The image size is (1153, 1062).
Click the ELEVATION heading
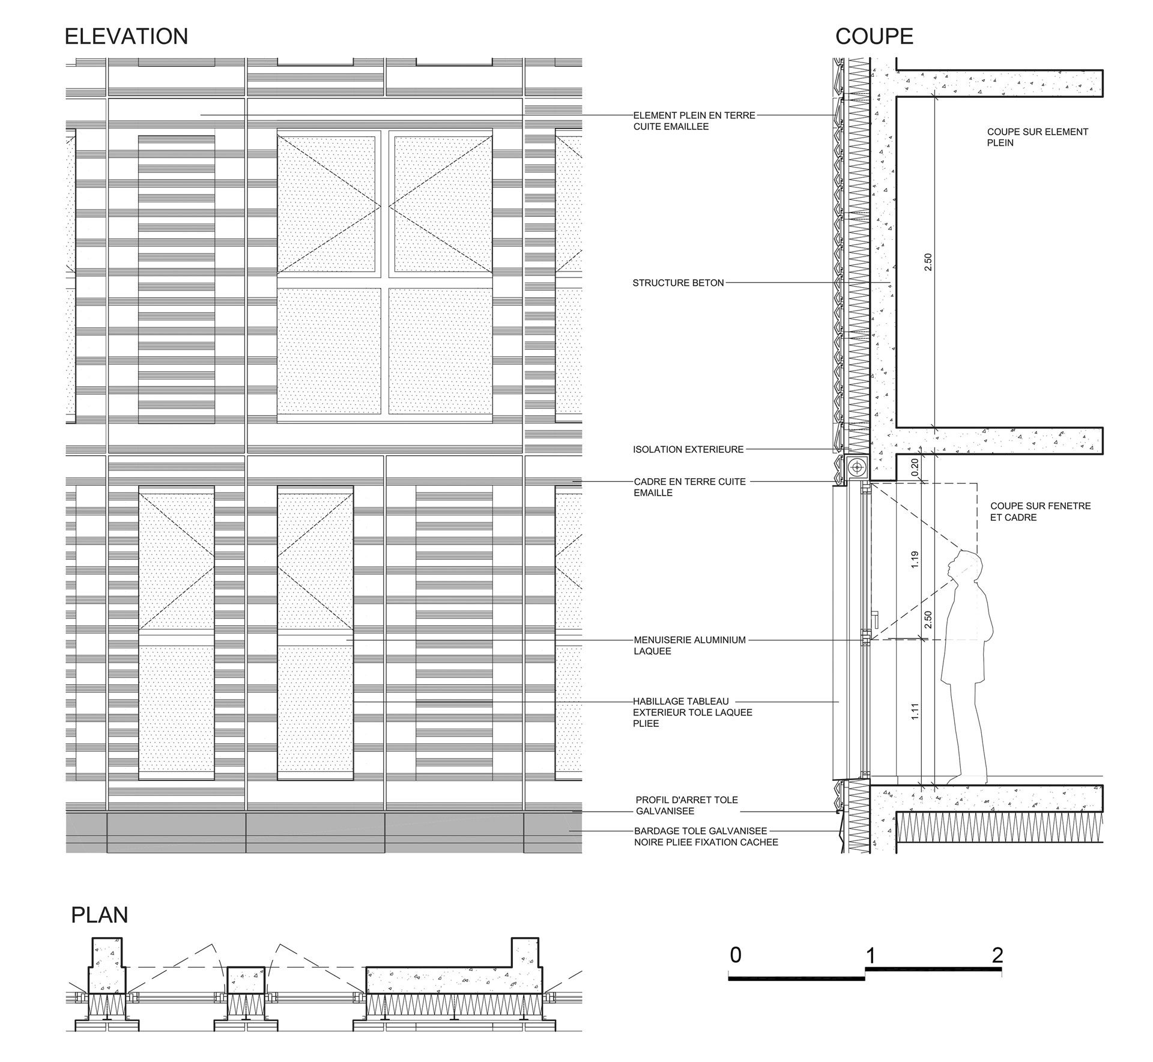[x=126, y=37]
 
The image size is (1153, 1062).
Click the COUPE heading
[x=874, y=37]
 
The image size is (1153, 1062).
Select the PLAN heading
[x=100, y=915]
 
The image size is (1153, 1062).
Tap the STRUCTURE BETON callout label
[x=678, y=283]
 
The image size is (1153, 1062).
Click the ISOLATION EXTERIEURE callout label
[x=688, y=449]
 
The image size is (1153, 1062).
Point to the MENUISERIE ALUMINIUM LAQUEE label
[x=689, y=646]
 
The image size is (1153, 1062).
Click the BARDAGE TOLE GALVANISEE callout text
[x=706, y=837]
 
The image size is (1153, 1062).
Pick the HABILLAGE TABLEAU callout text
[x=692, y=712]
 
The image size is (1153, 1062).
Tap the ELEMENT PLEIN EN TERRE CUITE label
[x=694, y=121]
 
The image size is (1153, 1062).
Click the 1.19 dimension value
[x=915, y=560]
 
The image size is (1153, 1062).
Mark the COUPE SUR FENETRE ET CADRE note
[x=1041, y=512]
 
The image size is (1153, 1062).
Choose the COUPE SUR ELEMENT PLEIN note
[x=1038, y=137]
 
